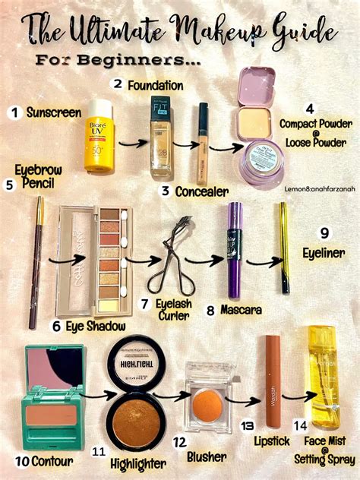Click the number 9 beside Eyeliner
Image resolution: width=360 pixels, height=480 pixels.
(324, 232)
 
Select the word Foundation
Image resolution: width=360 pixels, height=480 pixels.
(155, 86)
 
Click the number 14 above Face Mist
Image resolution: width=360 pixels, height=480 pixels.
(299, 426)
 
